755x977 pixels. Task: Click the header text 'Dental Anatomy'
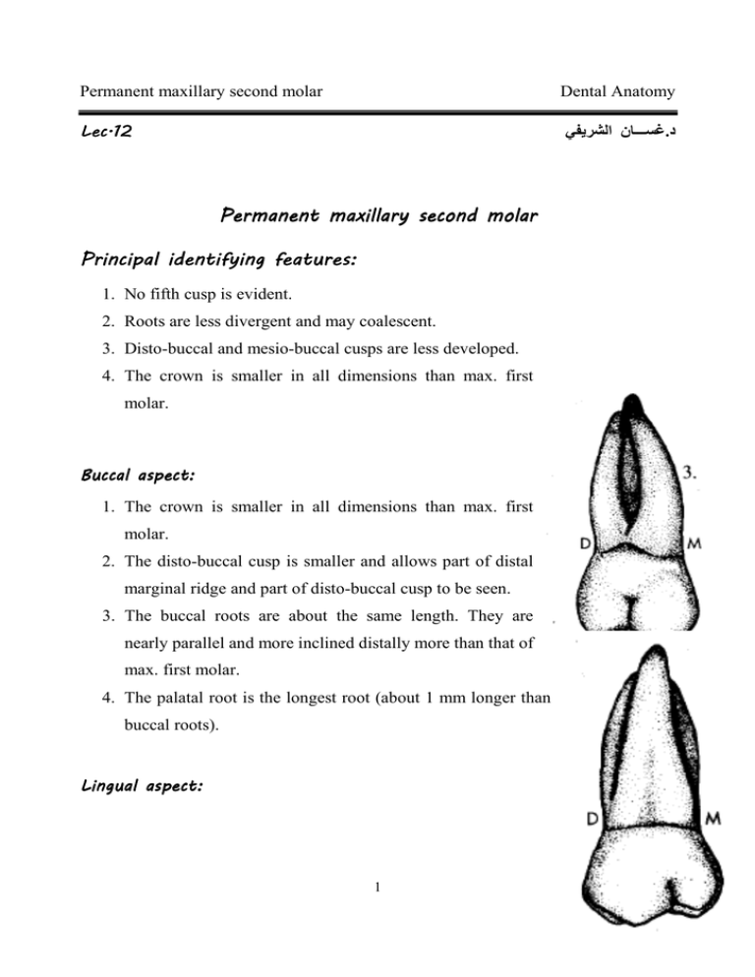point(617,92)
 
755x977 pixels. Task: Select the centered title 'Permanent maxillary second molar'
point(378,214)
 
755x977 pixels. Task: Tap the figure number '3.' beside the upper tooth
point(692,472)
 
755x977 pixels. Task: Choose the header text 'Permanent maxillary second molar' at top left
point(203,92)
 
